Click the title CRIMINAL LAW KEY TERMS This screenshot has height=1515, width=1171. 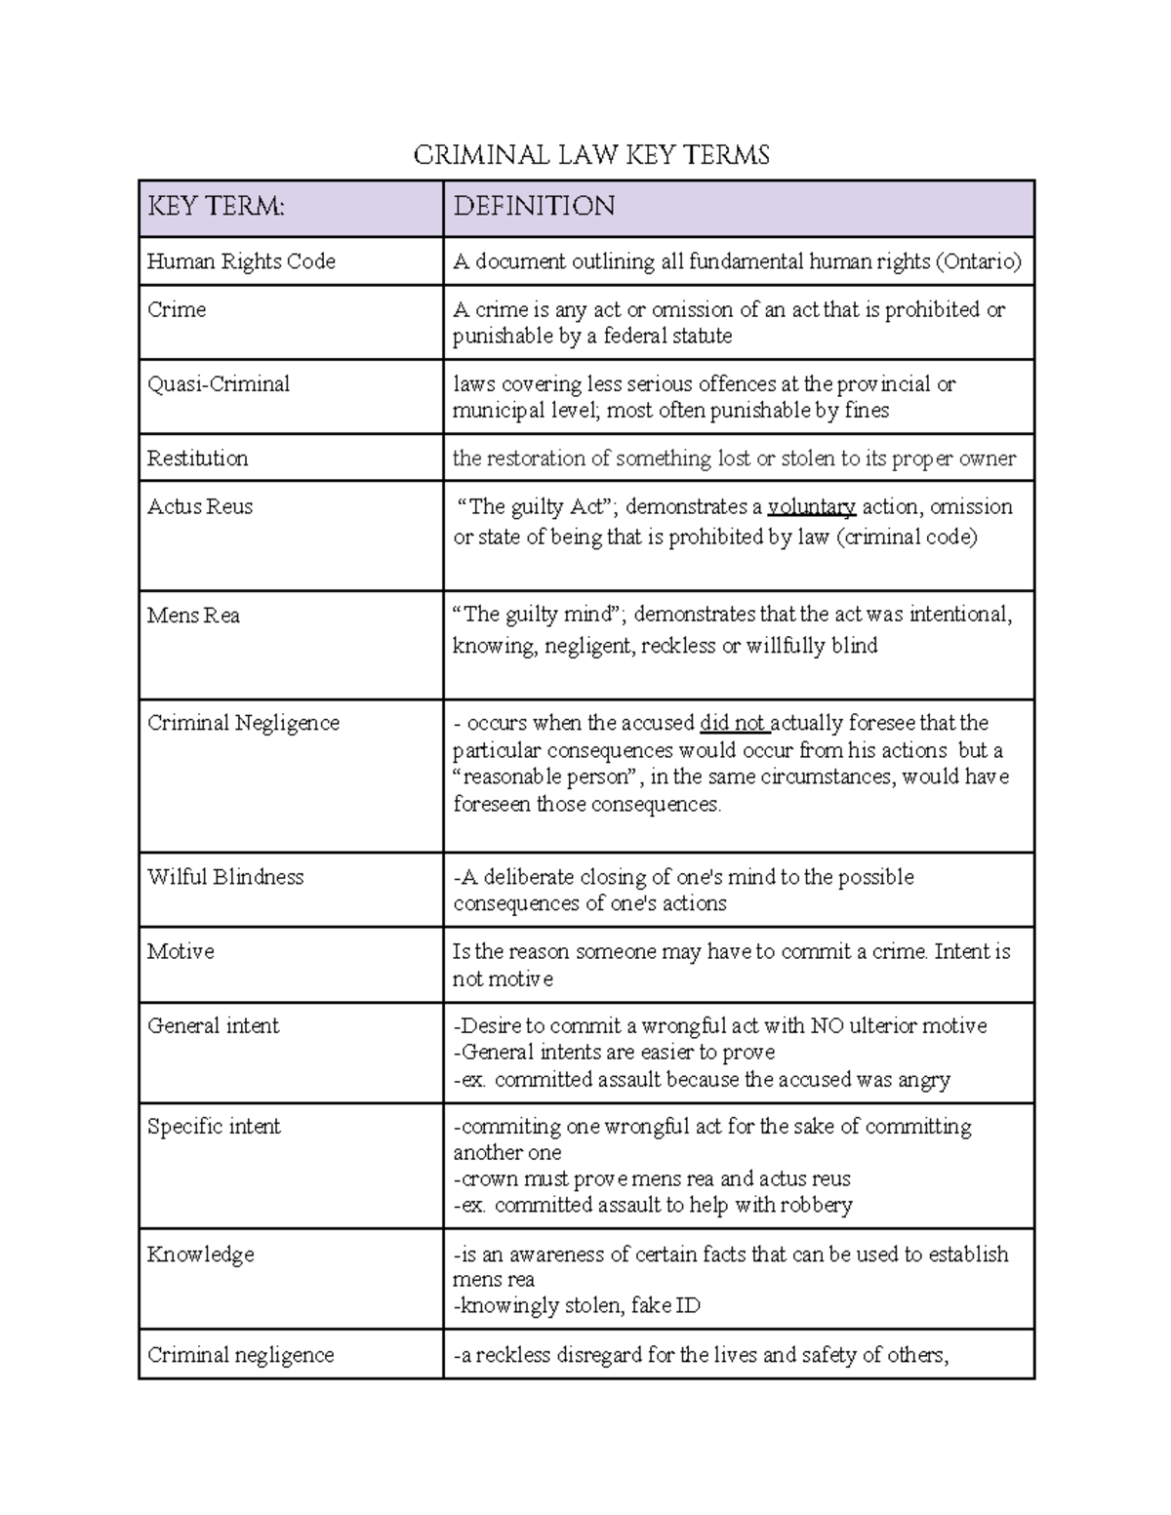click(x=591, y=155)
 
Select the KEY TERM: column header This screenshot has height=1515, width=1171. click(x=216, y=207)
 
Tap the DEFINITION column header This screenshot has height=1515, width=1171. click(x=534, y=207)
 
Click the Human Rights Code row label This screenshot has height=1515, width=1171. click(x=241, y=261)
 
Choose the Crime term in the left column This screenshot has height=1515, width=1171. click(x=177, y=310)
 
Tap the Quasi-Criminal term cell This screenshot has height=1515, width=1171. click(x=219, y=384)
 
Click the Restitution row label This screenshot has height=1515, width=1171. click(x=197, y=458)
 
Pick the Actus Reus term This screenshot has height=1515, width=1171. click(x=200, y=507)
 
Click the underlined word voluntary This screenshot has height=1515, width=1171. click(x=812, y=507)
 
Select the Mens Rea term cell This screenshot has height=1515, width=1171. click(x=193, y=616)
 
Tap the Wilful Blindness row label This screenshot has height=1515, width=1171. click(x=225, y=877)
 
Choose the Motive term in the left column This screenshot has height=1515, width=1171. click(x=181, y=952)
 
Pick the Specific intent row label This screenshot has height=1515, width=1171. click(x=214, y=1127)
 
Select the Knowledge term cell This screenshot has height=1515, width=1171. click(x=200, y=1255)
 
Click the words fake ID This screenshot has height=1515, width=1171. click(x=666, y=1306)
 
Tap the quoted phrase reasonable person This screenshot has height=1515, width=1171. click(x=546, y=777)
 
